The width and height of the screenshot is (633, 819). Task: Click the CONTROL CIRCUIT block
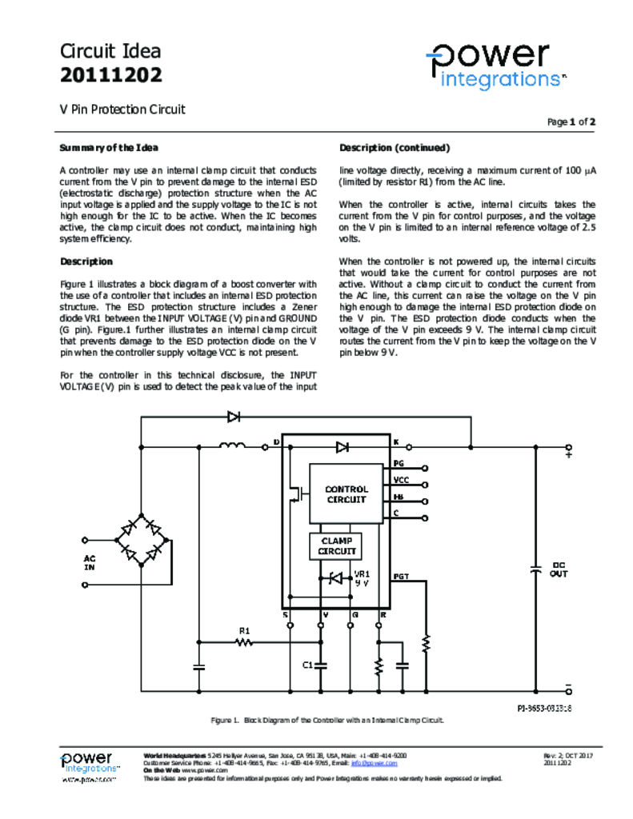click(347, 493)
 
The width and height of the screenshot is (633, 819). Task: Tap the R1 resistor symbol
click(245, 641)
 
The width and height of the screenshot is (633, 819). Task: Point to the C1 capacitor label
click(307, 665)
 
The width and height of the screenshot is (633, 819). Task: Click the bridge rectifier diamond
click(142, 541)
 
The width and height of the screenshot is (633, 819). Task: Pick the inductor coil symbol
click(232, 446)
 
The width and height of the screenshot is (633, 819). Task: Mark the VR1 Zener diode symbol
click(336, 577)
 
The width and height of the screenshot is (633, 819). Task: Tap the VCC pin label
click(401, 480)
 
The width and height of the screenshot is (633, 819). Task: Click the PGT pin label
click(401, 576)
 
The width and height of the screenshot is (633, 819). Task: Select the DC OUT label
click(559, 569)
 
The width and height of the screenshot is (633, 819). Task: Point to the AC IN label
click(90, 562)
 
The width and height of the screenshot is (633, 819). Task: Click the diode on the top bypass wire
click(234, 417)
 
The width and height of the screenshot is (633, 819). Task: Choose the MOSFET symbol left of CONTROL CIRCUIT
click(299, 494)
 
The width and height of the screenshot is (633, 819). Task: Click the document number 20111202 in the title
click(111, 76)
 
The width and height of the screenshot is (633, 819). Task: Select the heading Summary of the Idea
click(109, 148)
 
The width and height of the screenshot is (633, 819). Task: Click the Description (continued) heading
click(395, 148)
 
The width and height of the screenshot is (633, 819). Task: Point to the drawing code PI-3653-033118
click(543, 709)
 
